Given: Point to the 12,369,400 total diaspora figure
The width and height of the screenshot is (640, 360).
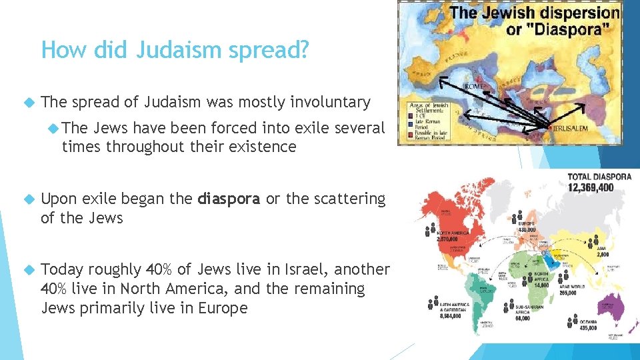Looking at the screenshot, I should pyautogui.click(x=590, y=188).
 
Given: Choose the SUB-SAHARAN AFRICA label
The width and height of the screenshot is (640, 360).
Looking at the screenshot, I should pyautogui.click(x=531, y=310).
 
